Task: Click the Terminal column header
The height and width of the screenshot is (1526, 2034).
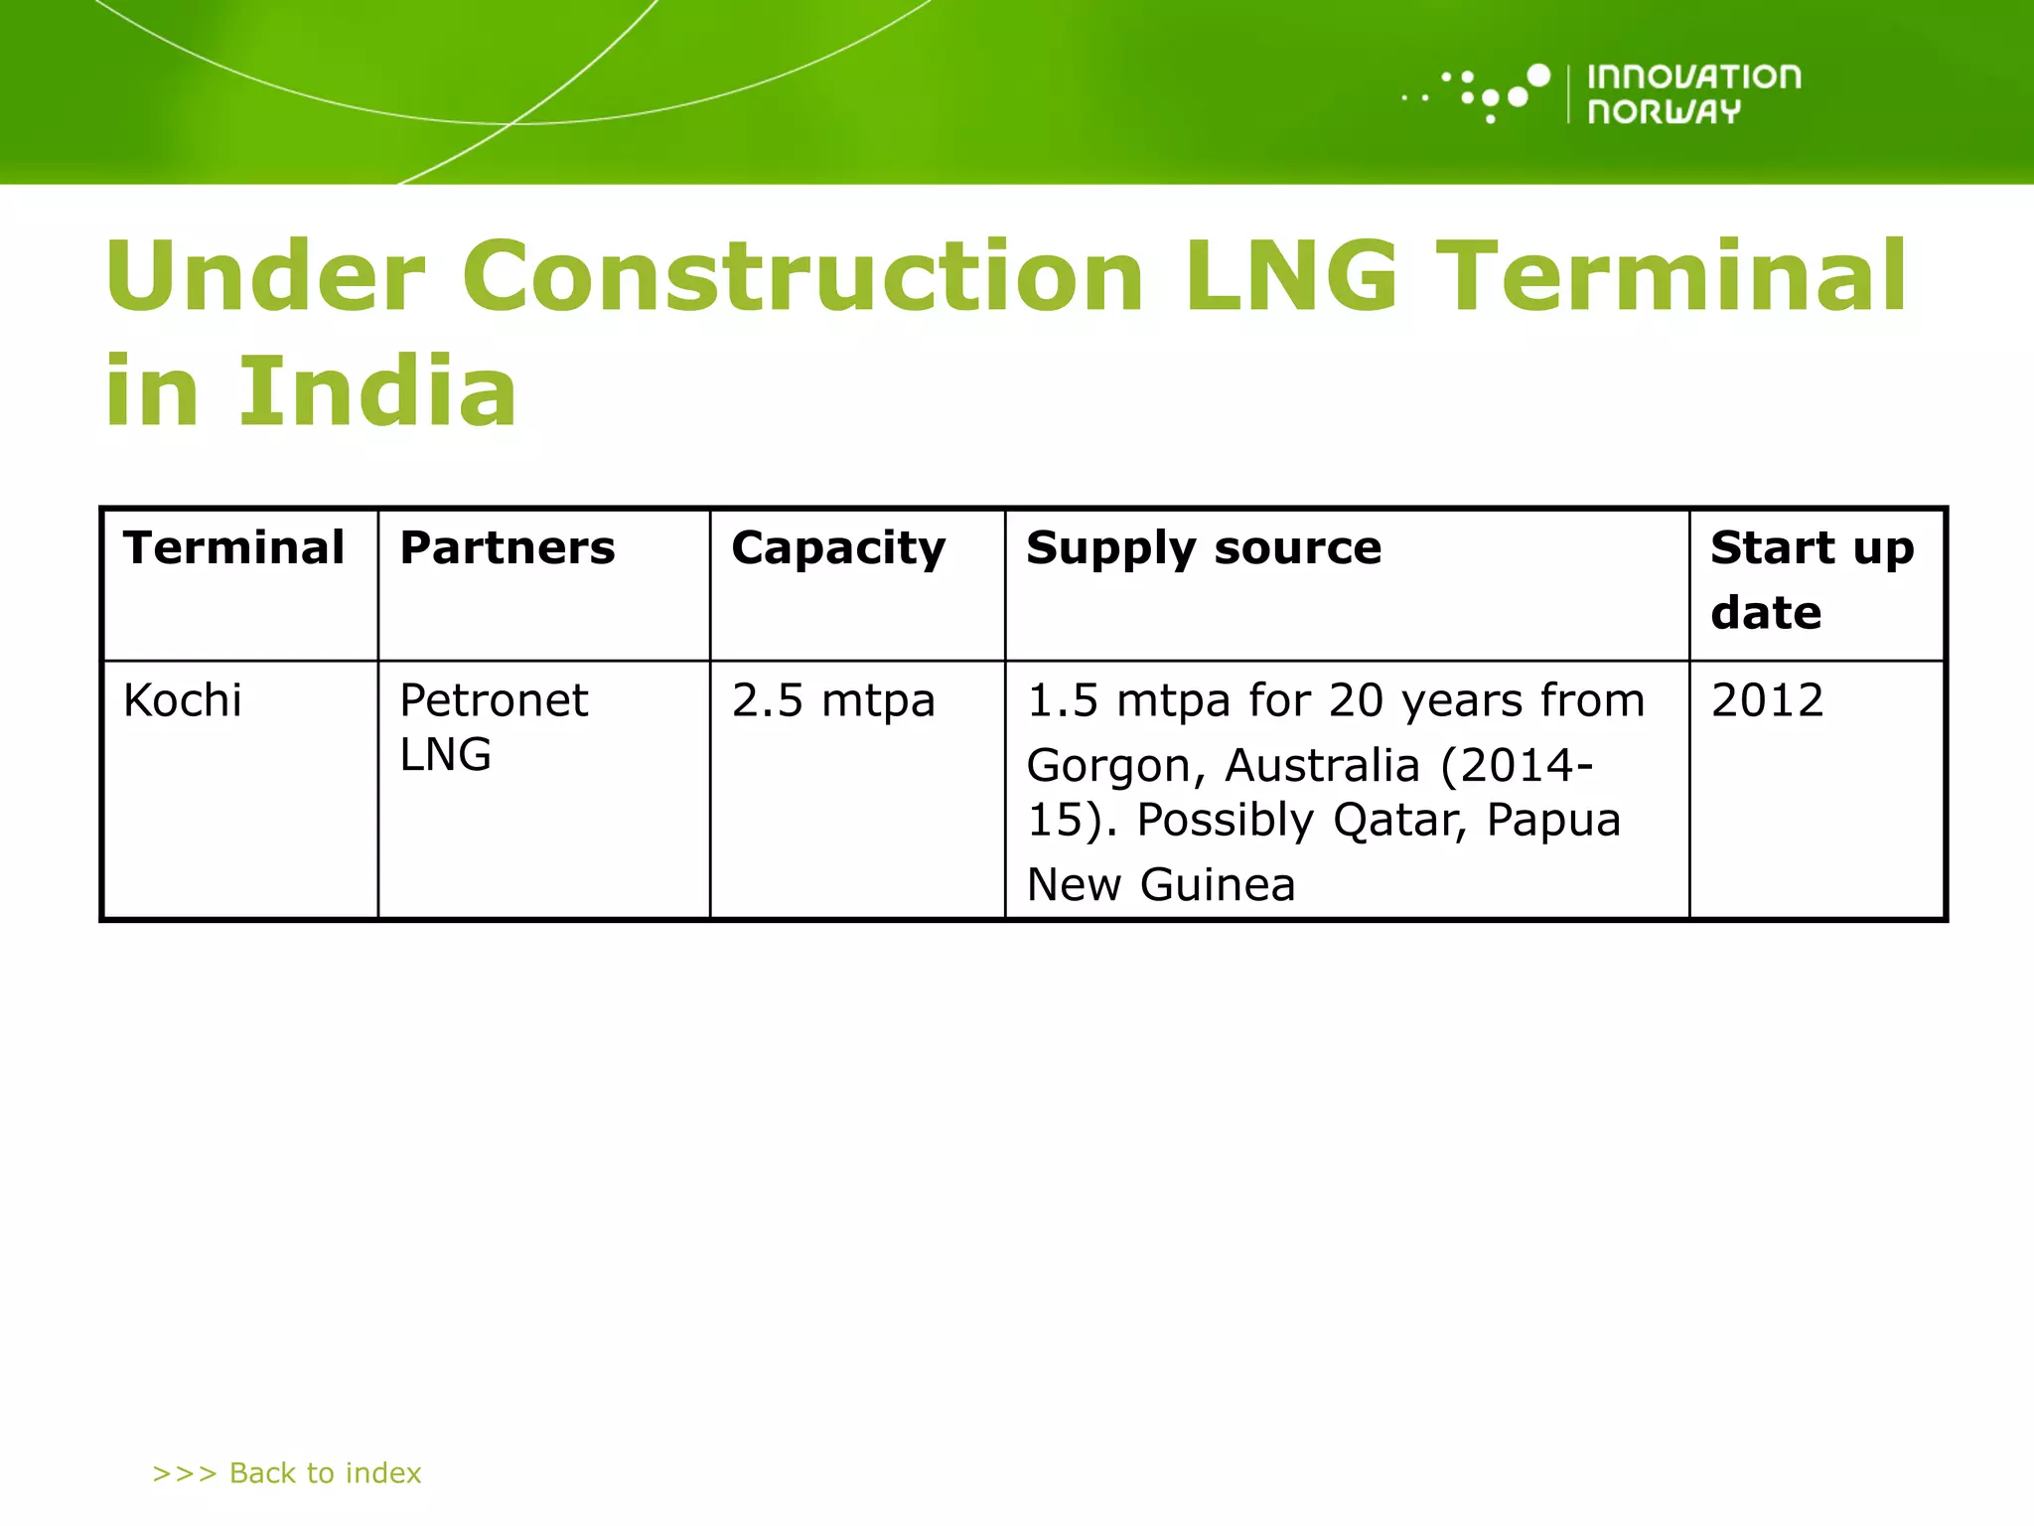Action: click(x=234, y=548)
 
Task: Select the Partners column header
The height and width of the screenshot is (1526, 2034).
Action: click(x=508, y=548)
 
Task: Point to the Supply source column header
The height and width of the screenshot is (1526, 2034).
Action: click(x=1204, y=548)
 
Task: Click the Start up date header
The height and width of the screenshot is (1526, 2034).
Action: click(x=1812, y=579)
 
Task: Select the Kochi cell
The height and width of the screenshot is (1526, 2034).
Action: click(x=183, y=700)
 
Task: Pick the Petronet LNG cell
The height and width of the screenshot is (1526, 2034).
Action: click(x=494, y=727)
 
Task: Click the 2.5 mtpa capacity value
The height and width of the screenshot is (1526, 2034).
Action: click(x=833, y=701)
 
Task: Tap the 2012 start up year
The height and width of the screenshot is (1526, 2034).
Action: click(x=1768, y=700)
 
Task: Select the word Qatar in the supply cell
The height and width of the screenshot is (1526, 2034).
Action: click(x=1392, y=821)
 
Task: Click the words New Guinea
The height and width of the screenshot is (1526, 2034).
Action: click(x=1161, y=884)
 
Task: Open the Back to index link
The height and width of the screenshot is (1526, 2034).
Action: click(x=287, y=1472)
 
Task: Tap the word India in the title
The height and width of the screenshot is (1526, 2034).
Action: click(x=377, y=391)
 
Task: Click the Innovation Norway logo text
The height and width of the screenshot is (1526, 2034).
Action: click(x=1692, y=94)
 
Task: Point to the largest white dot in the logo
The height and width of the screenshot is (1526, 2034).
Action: click(x=1537, y=76)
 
